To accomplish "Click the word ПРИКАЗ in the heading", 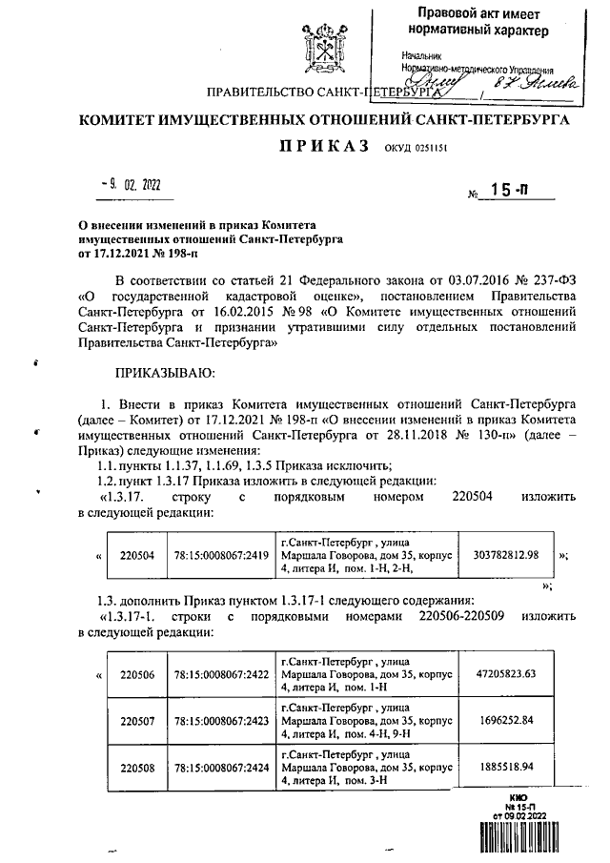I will [x=324, y=148].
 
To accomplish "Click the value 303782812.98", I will [x=505, y=554].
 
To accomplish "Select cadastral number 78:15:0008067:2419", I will [x=219, y=554].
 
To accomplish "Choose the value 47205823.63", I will [x=505, y=674].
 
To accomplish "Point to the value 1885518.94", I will [x=505, y=766].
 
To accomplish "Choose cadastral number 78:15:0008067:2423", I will [x=219, y=721].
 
